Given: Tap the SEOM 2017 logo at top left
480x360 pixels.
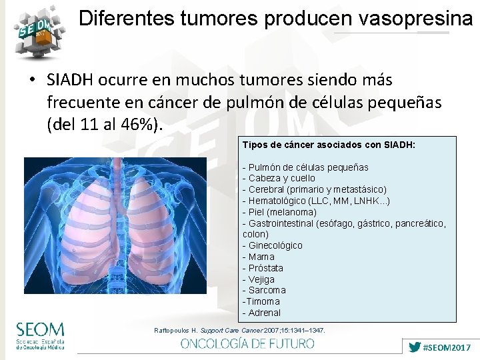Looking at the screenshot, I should [38, 30].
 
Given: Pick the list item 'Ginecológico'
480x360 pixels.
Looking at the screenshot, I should [275, 245].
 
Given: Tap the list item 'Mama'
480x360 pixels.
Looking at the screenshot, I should [261, 257].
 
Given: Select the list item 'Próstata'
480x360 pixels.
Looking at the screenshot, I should [265, 268].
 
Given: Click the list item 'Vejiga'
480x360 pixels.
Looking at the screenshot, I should [261, 279].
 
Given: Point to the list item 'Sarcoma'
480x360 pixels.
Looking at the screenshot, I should [266, 290].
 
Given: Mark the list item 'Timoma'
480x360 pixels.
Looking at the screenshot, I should [261, 301].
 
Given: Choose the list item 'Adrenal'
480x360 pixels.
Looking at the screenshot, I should [263, 313].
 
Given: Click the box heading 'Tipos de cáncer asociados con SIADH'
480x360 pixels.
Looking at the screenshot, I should [329, 145].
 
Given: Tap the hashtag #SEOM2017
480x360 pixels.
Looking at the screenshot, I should [447, 347].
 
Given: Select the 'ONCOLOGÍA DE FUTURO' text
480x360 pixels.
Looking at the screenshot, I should [247, 343].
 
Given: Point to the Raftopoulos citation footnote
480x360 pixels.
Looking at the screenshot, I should [240, 330].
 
